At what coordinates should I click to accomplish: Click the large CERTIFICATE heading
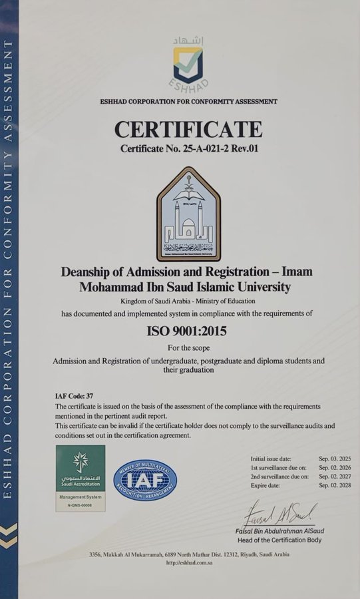[188, 128]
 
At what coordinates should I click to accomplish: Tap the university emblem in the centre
[188, 214]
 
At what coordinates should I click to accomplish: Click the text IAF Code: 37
[75, 395]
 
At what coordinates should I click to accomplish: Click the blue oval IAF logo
[144, 481]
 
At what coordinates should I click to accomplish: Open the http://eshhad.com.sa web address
[188, 563]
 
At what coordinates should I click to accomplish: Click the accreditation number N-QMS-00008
[80, 506]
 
